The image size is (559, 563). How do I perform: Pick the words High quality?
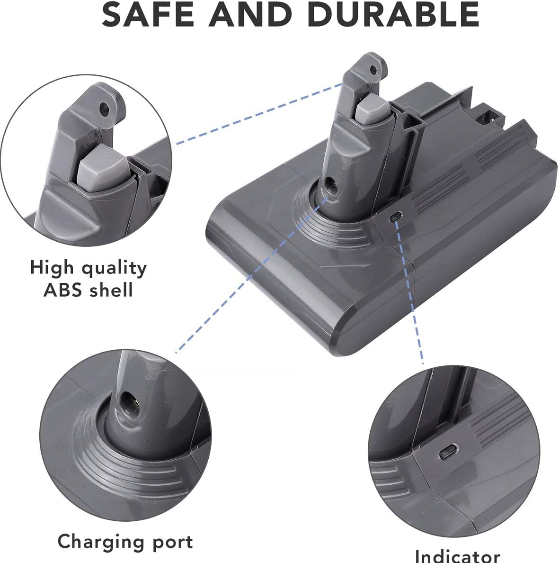pyautogui.click(x=89, y=268)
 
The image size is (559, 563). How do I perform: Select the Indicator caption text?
pyautogui.click(x=457, y=555)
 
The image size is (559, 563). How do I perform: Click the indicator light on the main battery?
pyautogui.click(x=395, y=215)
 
